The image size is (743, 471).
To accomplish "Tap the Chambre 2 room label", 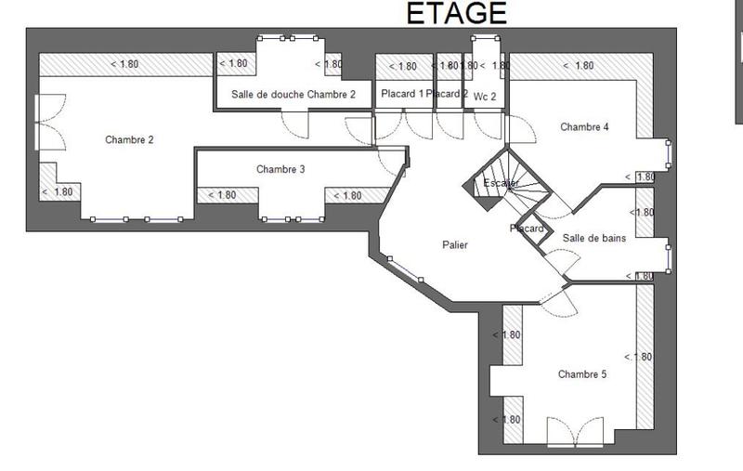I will tap(129, 140).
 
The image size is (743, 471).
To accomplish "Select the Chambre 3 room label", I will tap(280, 169).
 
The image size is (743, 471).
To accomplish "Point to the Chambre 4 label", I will tap(584, 127).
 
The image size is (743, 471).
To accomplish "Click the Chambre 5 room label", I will tap(582, 374).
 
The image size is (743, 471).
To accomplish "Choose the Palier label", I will tap(455, 245).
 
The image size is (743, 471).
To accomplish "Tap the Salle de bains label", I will tap(594, 238).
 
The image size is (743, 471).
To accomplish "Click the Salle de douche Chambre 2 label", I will tap(293, 95).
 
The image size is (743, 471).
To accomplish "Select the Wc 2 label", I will tap(485, 96).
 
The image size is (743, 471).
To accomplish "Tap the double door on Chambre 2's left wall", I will tap(39, 122).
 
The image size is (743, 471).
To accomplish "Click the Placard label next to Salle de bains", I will tap(527, 229).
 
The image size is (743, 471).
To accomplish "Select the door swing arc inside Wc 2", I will tap(485, 126).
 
